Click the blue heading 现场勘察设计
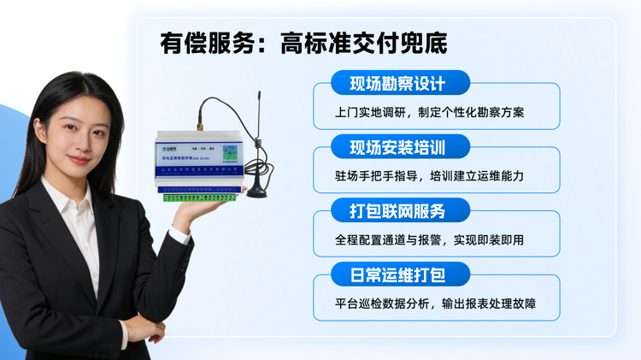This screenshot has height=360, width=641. coord(397,84)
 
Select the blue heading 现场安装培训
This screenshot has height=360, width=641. coord(397,147)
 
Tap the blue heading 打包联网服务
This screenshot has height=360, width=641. coord(397,210)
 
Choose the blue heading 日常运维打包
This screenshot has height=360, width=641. coord(397,274)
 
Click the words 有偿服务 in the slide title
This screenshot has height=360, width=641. coord(209,43)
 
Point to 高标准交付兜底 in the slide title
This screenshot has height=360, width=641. coord(363,43)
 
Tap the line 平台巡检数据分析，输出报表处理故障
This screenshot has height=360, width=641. coord(435,304)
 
